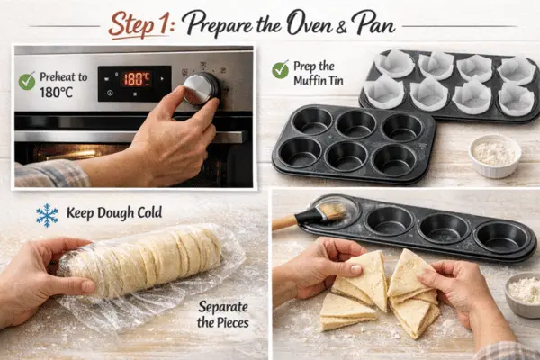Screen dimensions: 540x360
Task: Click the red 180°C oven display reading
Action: pos(137,79)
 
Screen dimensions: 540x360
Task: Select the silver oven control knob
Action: pos(201,89)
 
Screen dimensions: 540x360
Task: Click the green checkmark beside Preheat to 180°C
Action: pos(27,81)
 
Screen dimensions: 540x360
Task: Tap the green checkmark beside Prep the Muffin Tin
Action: pos(280,69)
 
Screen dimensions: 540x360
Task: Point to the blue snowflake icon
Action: pos(47,215)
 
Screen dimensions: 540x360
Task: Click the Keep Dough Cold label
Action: pos(114,213)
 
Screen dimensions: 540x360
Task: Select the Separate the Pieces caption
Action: pos(223,314)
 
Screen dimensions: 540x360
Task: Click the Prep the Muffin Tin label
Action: pos(319,73)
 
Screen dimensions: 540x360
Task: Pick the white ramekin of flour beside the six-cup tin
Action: pos(495,156)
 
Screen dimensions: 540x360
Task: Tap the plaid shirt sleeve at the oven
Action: pos(51,174)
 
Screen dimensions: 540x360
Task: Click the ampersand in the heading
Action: pos(341,27)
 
